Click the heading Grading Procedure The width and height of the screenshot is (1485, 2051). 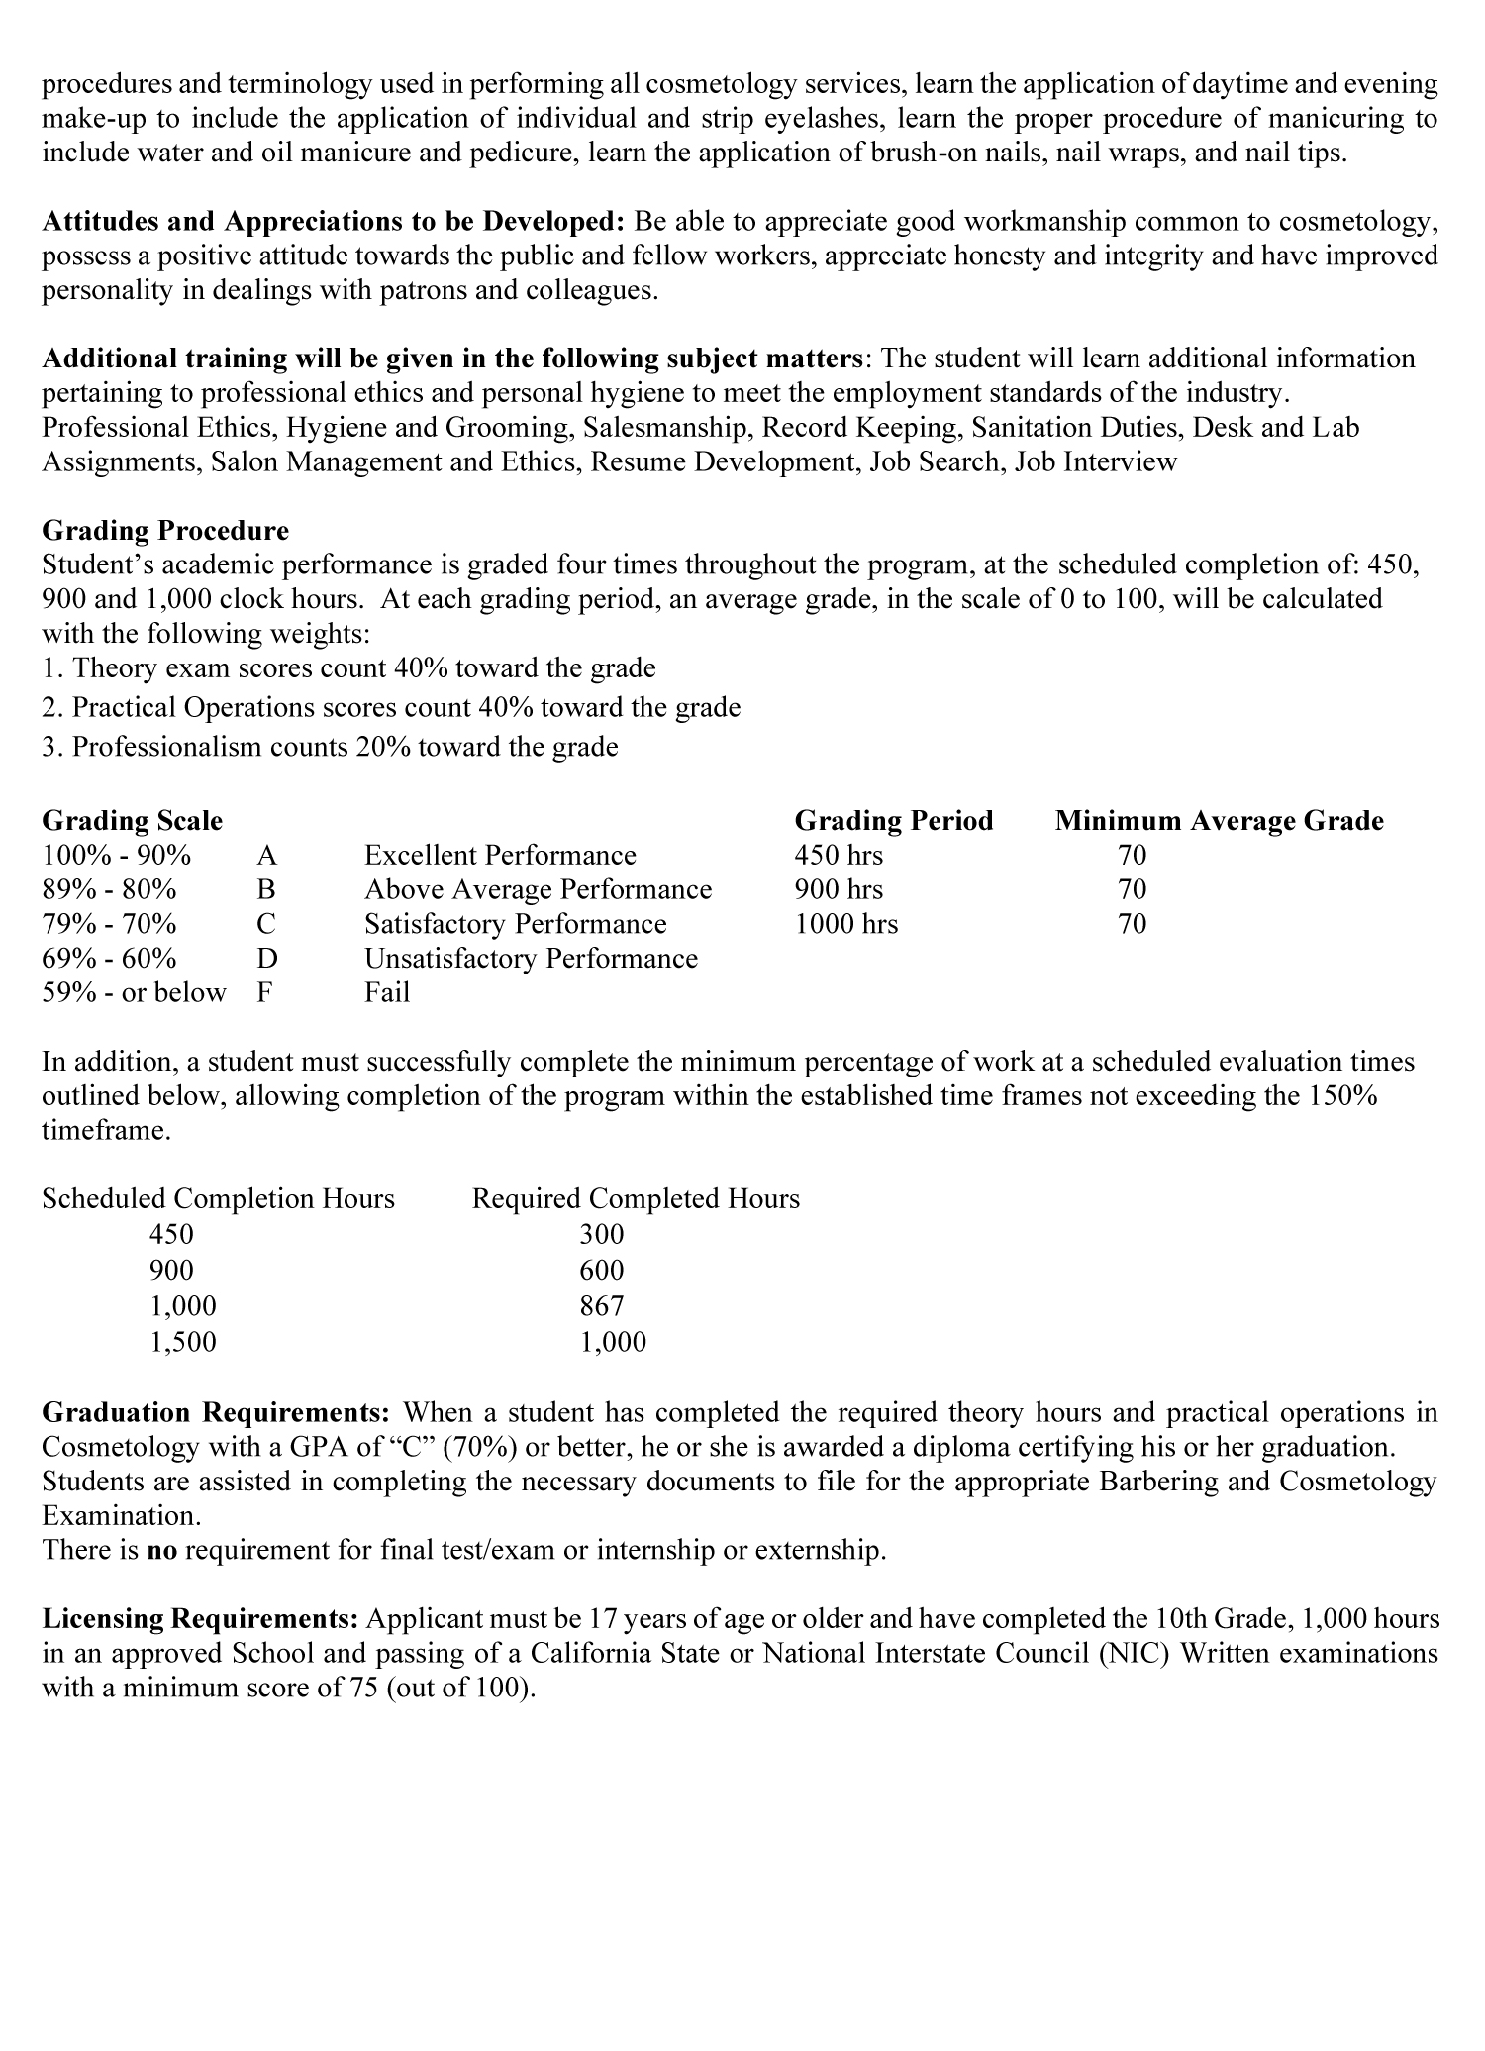[x=165, y=531]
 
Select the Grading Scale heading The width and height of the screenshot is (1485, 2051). [x=132, y=821]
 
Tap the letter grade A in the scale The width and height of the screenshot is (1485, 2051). [x=265, y=856]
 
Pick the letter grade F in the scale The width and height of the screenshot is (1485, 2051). [x=264, y=993]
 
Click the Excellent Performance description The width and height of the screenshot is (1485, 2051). [x=500, y=856]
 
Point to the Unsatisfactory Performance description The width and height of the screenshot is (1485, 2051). [x=531, y=959]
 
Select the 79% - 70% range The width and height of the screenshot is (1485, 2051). [x=109, y=924]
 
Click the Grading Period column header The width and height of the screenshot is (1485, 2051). [x=893, y=821]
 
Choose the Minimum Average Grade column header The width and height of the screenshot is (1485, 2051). [x=1219, y=821]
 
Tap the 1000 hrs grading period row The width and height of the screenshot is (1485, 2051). [x=846, y=924]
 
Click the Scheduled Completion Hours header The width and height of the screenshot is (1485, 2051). [x=218, y=1199]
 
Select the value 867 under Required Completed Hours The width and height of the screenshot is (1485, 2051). [x=601, y=1307]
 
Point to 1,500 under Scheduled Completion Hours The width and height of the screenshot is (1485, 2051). [x=182, y=1342]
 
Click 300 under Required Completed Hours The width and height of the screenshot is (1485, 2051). [x=601, y=1234]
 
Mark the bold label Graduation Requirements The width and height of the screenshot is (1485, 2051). [x=218, y=1411]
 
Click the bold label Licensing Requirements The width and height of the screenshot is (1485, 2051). [x=200, y=1619]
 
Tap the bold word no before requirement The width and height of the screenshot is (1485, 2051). [x=160, y=1550]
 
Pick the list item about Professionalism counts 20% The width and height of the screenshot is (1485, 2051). [x=330, y=747]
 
